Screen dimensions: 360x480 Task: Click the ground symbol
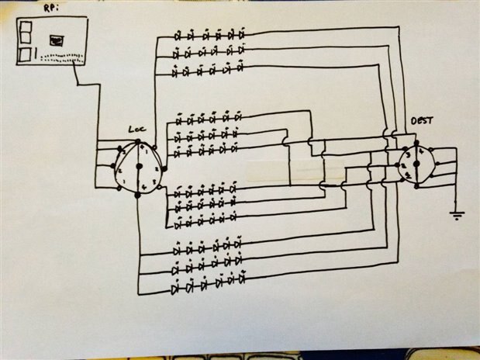point(457,214)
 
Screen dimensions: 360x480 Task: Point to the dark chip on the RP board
point(55,39)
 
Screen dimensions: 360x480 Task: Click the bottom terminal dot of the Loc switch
point(138,196)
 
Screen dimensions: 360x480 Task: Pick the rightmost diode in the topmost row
point(241,35)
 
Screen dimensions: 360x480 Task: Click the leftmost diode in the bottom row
point(175,290)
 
